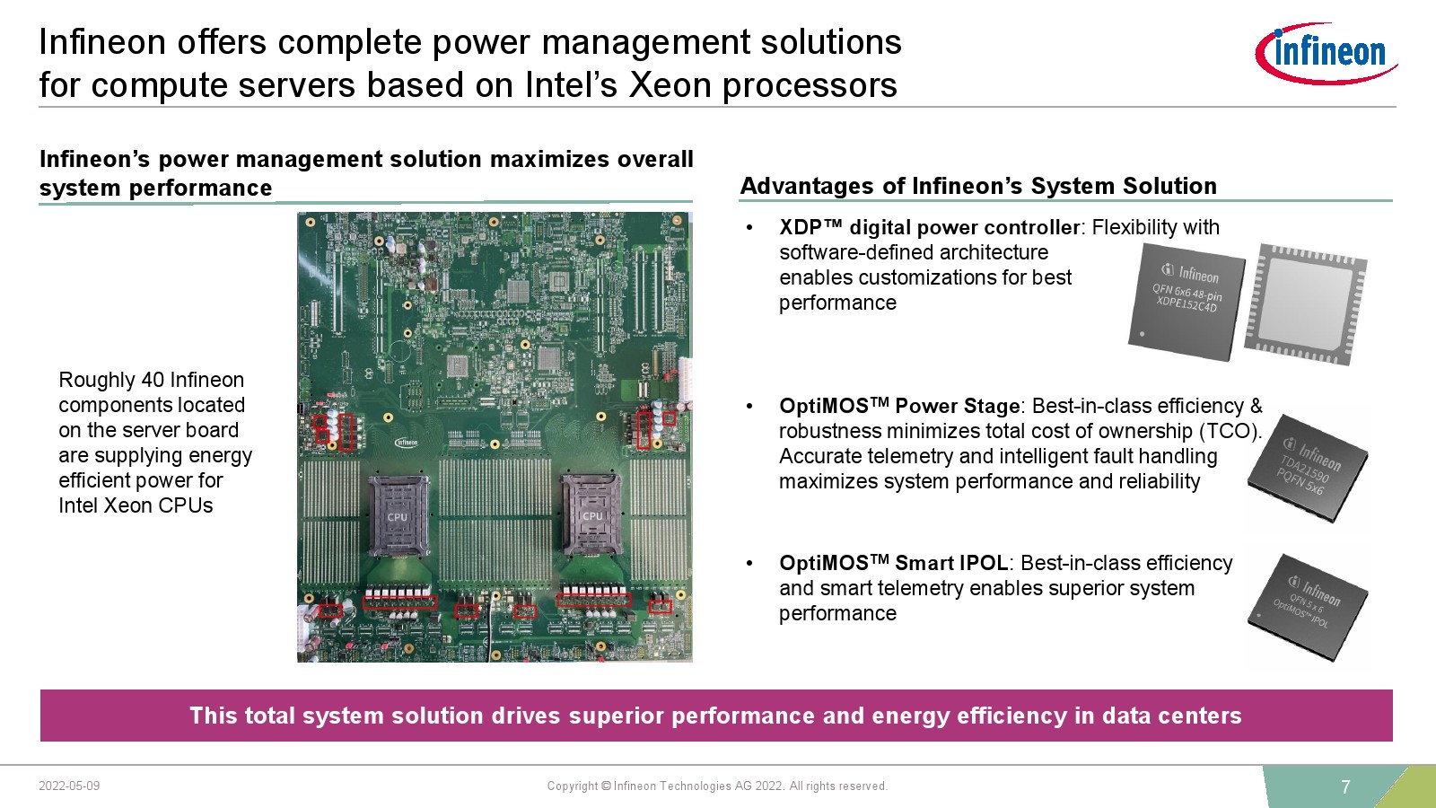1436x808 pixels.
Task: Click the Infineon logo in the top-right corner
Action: click(1326, 53)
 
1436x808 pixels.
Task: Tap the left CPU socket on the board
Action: click(398, 516)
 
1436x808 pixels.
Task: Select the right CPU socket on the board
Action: click(591, 515)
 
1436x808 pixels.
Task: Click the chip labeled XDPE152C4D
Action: click(1186, 302)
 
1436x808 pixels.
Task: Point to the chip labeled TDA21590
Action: click(1307, 468)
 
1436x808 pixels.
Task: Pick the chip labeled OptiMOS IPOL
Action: click(1308, 607)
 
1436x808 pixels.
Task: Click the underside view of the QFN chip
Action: click(1305, 304)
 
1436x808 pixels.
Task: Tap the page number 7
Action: click(1345, 786)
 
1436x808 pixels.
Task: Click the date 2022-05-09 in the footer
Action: click(69, 786)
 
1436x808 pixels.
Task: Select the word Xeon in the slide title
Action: click(670, 84)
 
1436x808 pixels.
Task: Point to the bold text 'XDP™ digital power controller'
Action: click(930, 228)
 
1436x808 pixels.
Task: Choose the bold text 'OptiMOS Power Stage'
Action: click(899, 406)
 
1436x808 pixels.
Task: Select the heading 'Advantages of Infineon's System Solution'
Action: click(978, 186)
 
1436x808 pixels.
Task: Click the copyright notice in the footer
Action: click(717, 786)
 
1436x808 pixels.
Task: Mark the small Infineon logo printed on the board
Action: click(406, 443)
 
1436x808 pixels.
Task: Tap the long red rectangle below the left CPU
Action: click(399, 602)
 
